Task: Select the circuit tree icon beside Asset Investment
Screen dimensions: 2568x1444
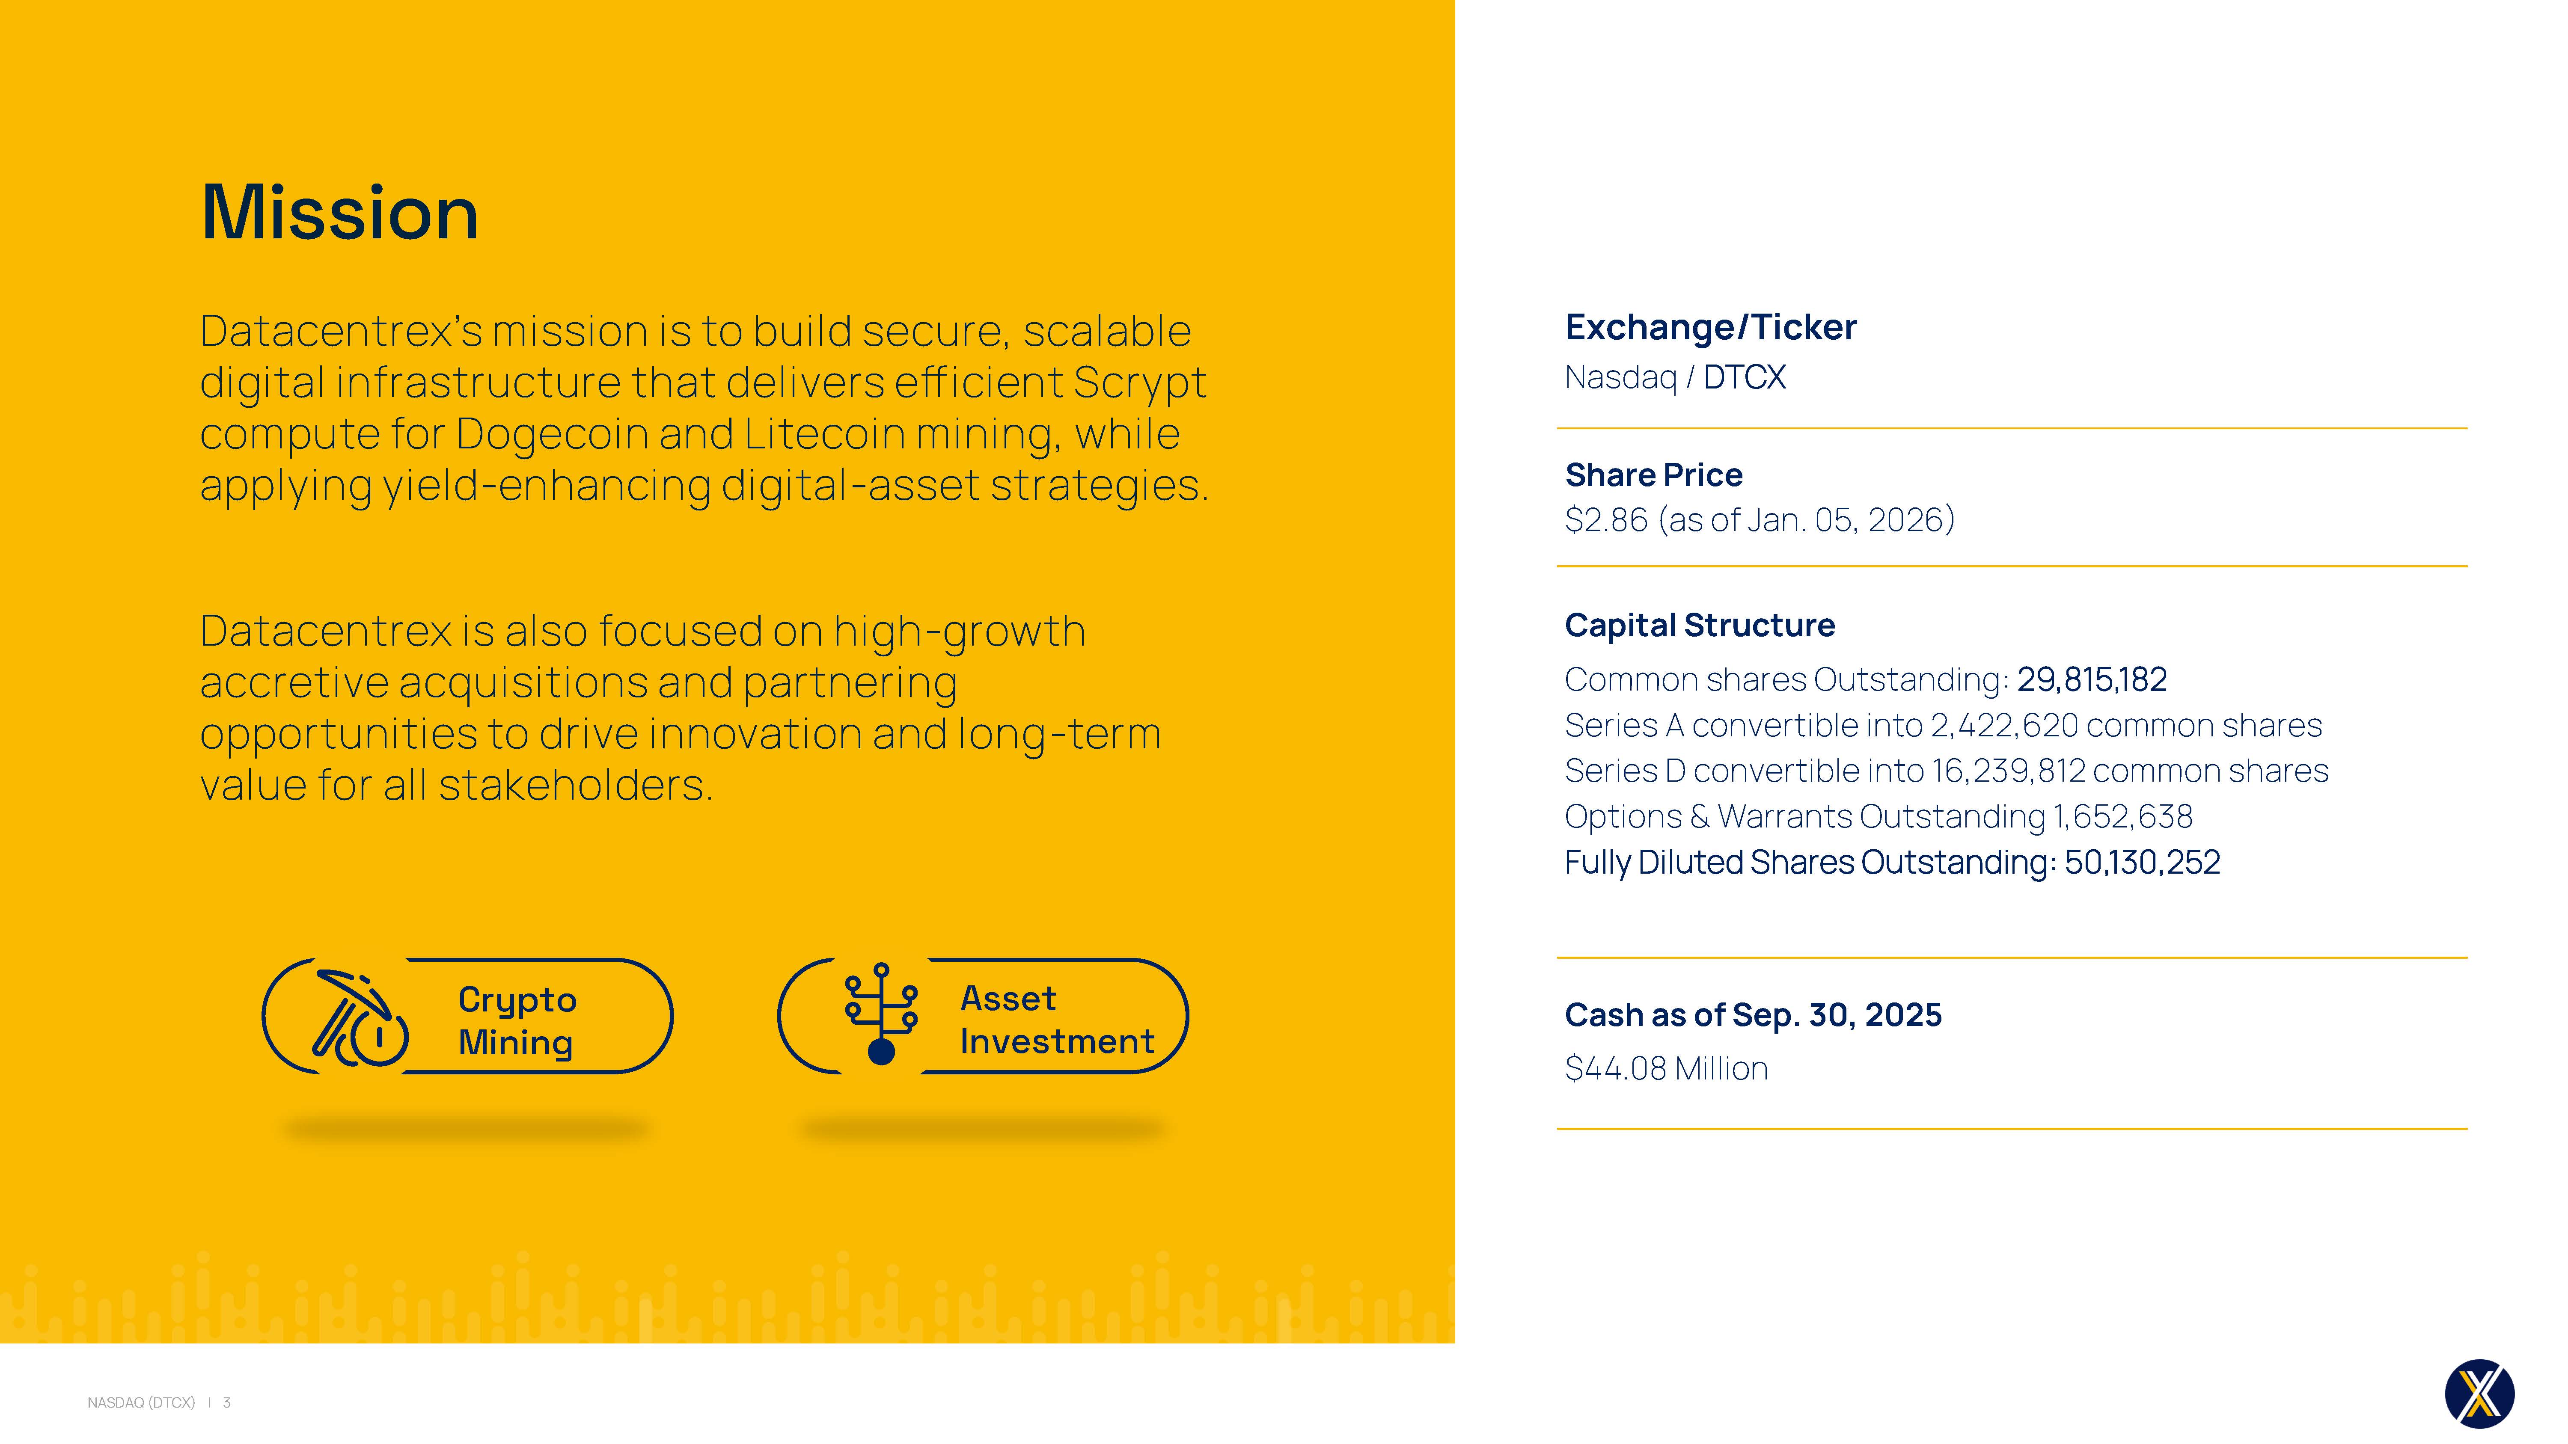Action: pyautogui.click(x=881, y=1014)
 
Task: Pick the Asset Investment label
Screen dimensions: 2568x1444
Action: pyautogui.click(x=1057, y=1020)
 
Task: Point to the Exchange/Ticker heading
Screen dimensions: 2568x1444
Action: pyautogui.click(x=1711, y=327)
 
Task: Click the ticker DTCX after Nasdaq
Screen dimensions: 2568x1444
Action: pyautogui.click(x=1745, y=378)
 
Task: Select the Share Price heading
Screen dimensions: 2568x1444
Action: pyautogui.click(x=1654, y=474)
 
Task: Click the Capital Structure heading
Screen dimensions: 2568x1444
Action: pyautogui.click(x=1700, y=625)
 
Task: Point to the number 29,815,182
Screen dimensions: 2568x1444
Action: pyautogui.click(x=2092, y=680)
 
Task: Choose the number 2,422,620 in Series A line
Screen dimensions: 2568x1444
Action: pyautogui.click(x=2004, y=726)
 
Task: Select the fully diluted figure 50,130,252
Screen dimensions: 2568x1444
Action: pyautogui.click(x=2142, y=862)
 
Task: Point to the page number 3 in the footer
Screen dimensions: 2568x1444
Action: pyautogui.click(x=226, y=1402)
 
